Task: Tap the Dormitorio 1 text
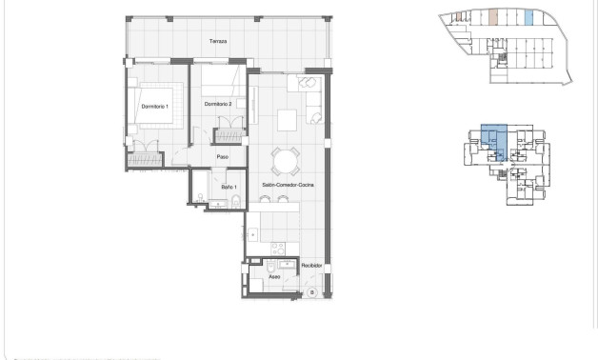(x=153, y=106)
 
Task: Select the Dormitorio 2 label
(x=218, y=104)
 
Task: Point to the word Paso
(x=222, y=157)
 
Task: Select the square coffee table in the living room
(x=288, y=119)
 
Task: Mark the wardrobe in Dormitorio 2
(x=228, y=133)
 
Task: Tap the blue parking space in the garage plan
(x=529, y=17)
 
